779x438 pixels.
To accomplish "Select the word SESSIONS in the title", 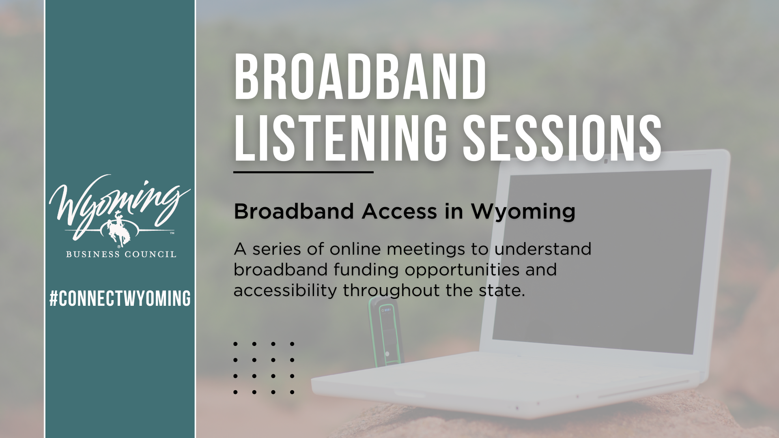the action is coord(562,137).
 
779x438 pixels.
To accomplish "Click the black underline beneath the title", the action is coord(303,172).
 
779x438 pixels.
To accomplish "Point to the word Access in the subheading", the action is coord(399,211).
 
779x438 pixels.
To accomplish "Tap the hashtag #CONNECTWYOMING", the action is coord(120,298).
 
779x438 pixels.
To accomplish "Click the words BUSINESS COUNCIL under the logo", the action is coord(121,254).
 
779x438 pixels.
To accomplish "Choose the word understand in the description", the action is coord(543,249).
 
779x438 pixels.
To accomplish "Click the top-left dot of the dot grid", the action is coord(235,344).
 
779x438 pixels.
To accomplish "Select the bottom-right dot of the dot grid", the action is coord(292,392).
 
